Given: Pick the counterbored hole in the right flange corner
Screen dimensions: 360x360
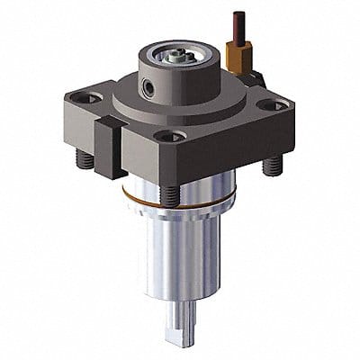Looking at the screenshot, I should pos(276,105).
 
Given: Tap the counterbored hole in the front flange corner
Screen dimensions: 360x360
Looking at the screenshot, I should pos(164,138).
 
